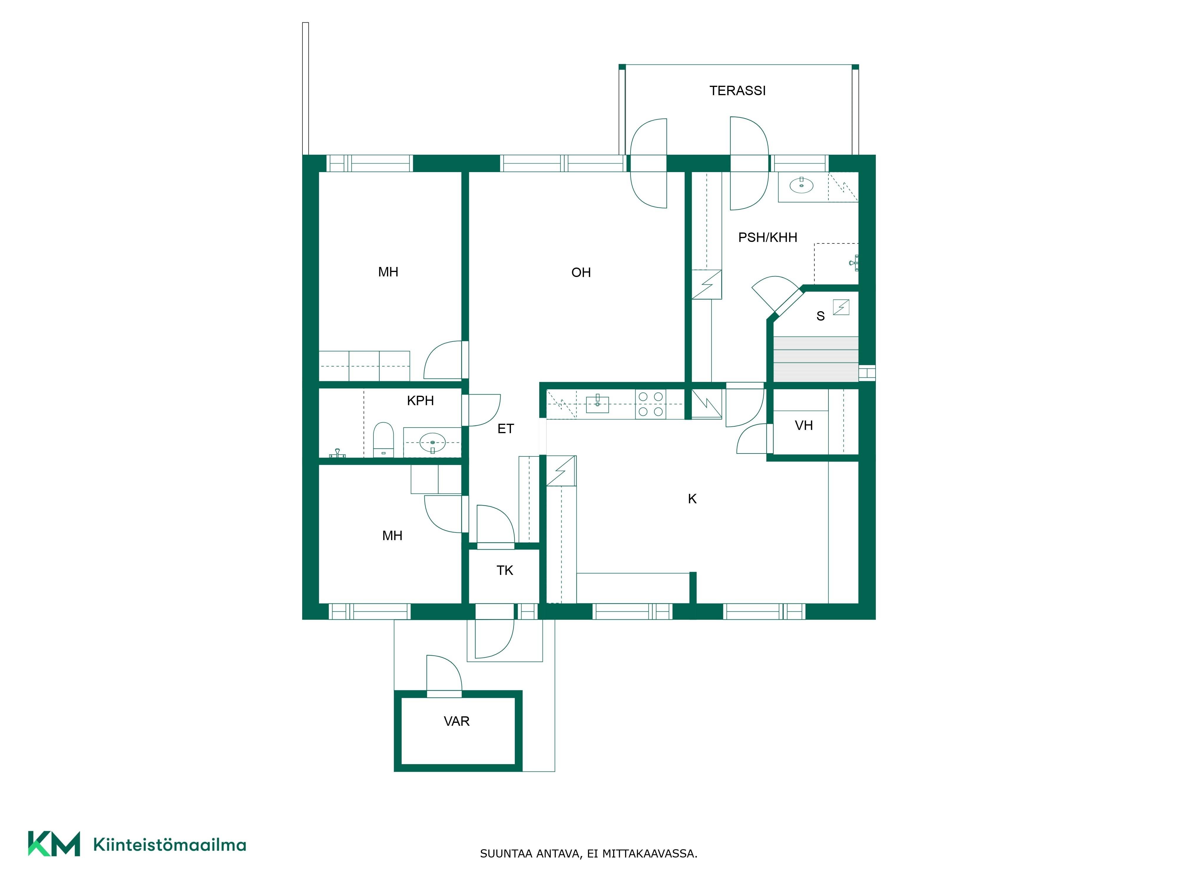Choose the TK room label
(505, 571)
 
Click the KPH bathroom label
(420, 401)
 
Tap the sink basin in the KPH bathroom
(432, 443)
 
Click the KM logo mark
(54, 844)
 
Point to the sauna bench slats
(815, 359)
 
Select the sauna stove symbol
(841, 307)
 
